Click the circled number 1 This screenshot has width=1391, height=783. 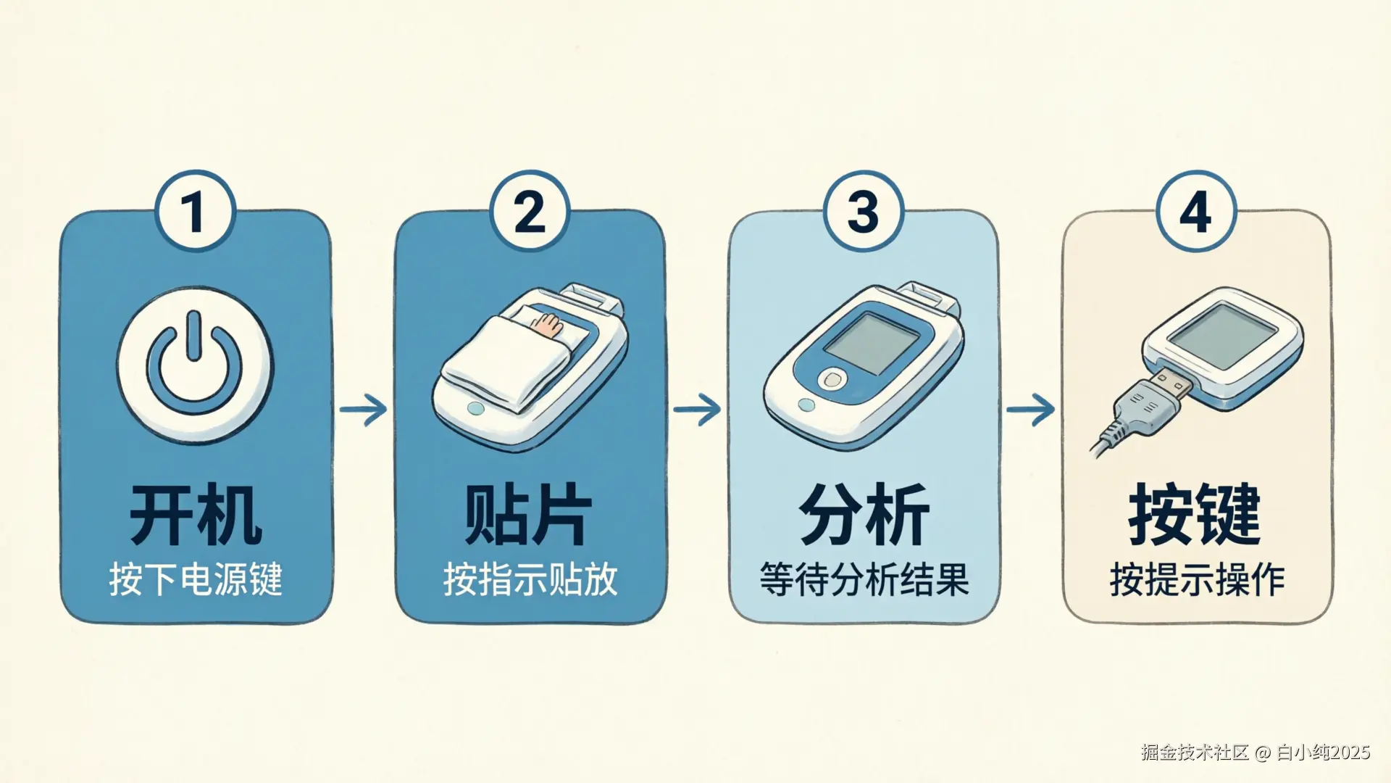pos(195,211)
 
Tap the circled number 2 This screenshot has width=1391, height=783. pos(530,211)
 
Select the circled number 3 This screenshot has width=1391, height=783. pos(864,211)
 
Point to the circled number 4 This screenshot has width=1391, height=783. pos(1196,211)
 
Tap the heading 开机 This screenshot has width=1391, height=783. pos(196,515)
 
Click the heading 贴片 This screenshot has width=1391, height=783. pos(529,515)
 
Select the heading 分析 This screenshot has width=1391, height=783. pos(864,515)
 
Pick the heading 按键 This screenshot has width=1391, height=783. pos(1195,515)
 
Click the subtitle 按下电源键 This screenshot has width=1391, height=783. pos(196,579)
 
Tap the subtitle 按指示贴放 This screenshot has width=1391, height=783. pos(530,579)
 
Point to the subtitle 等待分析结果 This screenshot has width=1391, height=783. pos(864,579)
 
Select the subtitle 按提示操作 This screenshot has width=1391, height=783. pos(1197,579)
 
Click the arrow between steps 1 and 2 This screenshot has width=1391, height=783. pos(363,410)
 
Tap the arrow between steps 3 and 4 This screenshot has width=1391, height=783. pos(1030,410)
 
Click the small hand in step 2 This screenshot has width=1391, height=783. pos(548,324)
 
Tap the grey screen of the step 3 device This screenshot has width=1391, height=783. pos(872,343)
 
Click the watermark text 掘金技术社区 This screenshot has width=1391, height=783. pos(1195,753)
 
